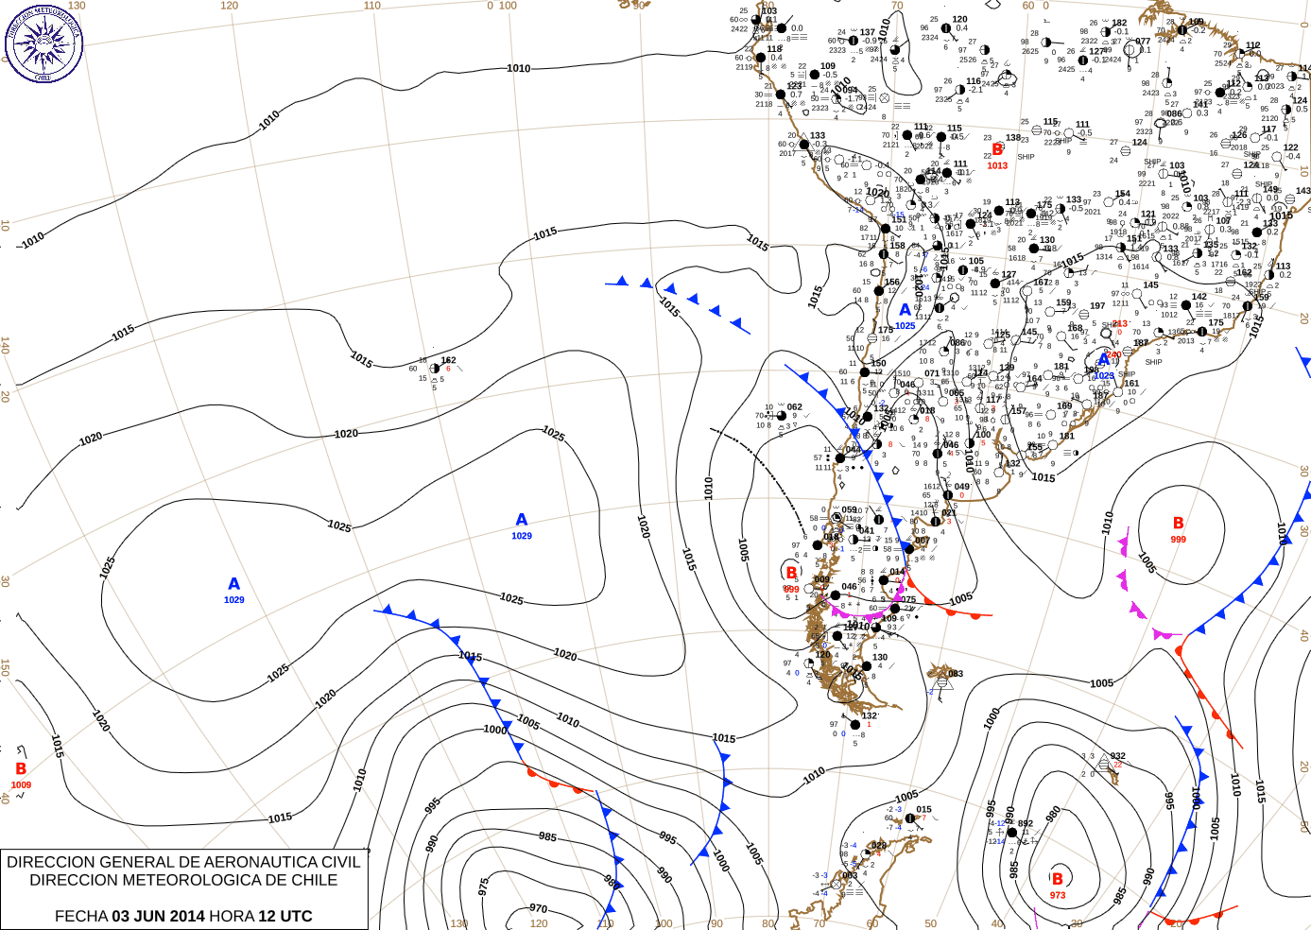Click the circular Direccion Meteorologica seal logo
(43, 43)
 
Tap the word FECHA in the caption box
(80, 916)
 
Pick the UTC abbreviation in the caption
(296, 916)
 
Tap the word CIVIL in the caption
(339, 862)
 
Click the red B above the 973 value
(1058, 879)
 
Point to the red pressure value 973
(1058, 895)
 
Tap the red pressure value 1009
(21, 784)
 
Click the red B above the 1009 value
(21, 769)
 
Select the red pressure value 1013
(997, 165)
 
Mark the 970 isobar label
(538, 908)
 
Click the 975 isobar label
(483, 887)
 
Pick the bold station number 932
(1118, 756)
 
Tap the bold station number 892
(1025, 823)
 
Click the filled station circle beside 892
(1011, 833)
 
